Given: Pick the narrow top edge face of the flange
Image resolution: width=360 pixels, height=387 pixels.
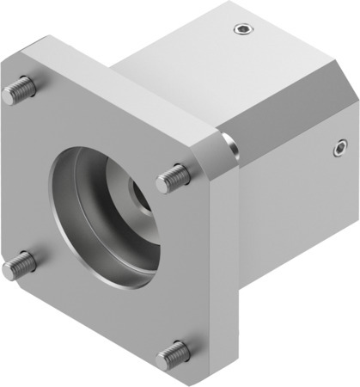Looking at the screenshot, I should pos(120,95).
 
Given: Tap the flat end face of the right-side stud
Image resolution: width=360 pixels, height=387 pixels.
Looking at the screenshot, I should pos(185,175).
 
